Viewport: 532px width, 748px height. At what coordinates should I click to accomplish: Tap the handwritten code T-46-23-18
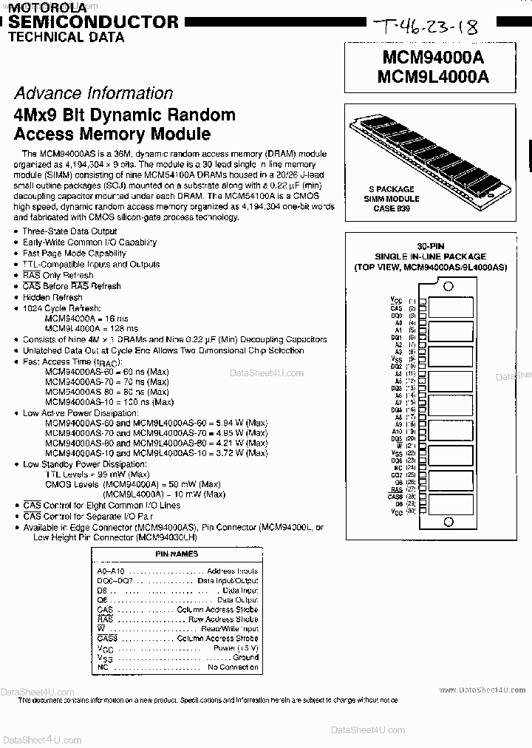pos(426,29)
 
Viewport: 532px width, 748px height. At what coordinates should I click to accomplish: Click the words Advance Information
pos(93,93)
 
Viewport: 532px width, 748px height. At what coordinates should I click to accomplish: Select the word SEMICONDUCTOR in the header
pos(93,22)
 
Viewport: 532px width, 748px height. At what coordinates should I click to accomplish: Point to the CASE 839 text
pos(391,209)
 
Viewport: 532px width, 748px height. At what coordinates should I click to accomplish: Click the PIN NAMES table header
pos(177,554)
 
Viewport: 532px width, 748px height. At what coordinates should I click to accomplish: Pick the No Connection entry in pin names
pos(233,667)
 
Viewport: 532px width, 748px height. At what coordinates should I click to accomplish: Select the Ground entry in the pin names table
pos(245,656)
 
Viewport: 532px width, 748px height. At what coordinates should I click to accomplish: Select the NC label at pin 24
pos(398,468)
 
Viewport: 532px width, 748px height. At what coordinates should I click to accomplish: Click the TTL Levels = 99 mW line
pos(97,474)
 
